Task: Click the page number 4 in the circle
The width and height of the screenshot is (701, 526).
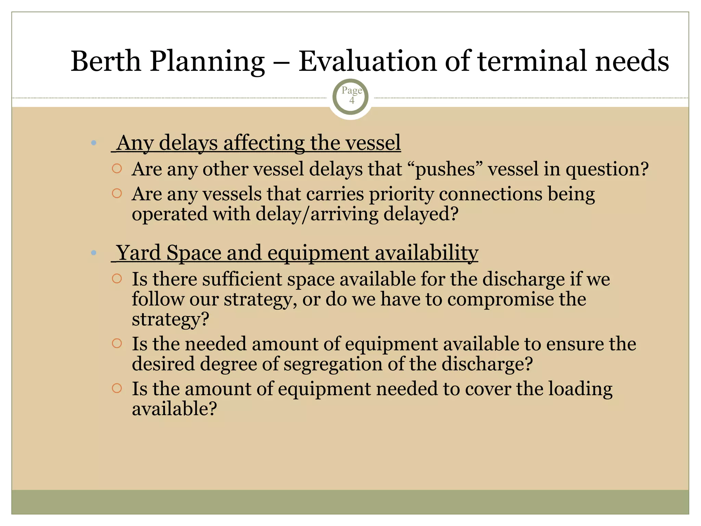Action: click(352, 101)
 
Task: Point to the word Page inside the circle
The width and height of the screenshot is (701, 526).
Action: click(352, 90)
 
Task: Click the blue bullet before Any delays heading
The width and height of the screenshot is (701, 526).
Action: click(94, 143)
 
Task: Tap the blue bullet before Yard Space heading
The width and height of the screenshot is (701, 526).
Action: click(94, 253)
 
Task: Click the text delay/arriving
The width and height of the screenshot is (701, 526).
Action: click(316, 214)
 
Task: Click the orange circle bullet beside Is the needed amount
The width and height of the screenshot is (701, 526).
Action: click(117, 343)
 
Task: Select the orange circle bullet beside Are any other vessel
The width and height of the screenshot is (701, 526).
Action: click(117, 168)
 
